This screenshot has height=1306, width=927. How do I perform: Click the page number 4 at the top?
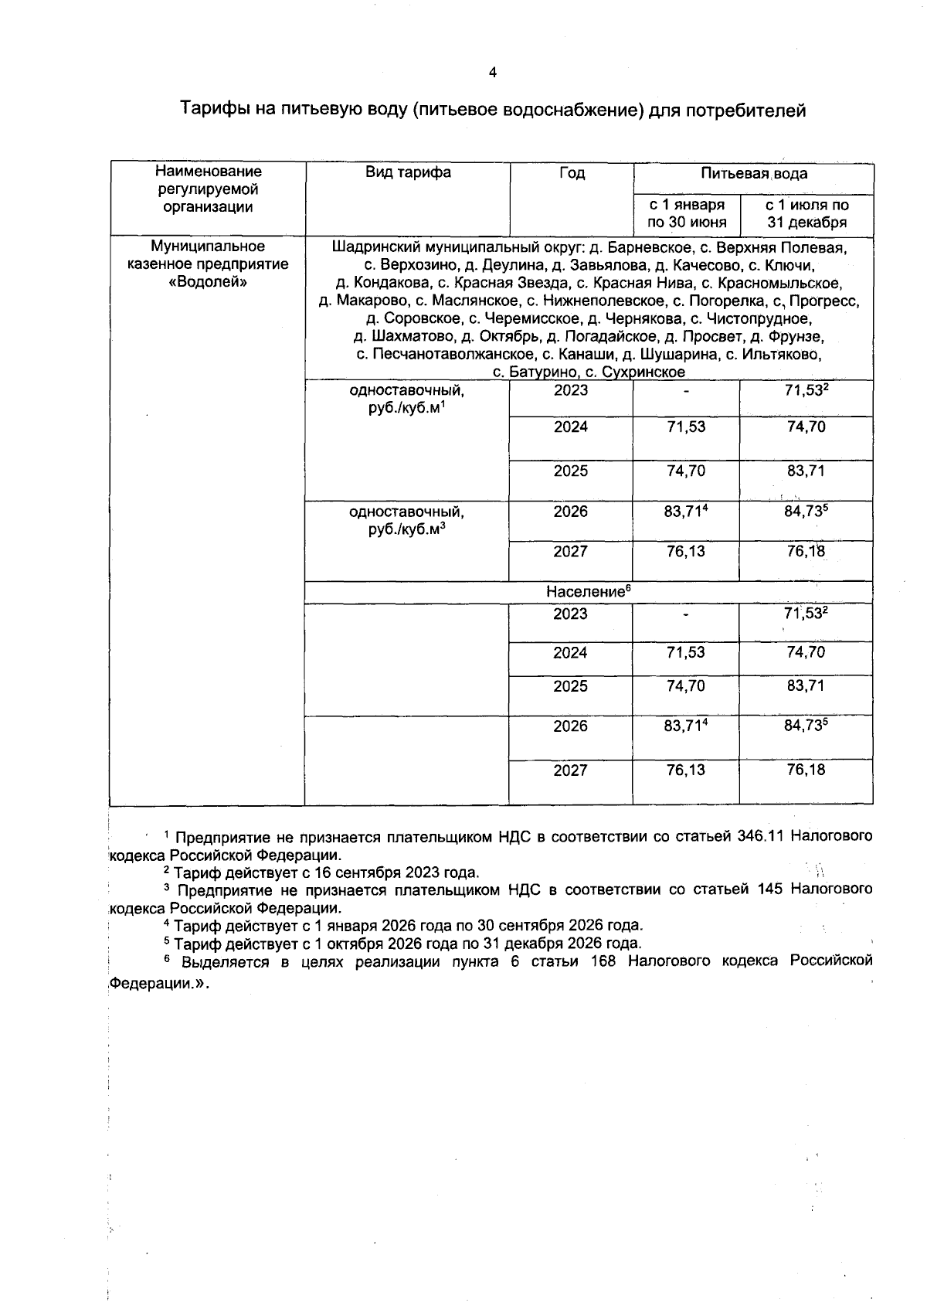coord(493,73)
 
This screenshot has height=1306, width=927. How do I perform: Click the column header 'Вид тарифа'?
coord(408,172)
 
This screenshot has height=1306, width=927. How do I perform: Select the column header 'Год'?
coord(572,173)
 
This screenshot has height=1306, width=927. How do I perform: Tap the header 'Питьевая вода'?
coord(753,174)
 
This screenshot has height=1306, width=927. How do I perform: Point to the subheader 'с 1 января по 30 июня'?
coord(687,214)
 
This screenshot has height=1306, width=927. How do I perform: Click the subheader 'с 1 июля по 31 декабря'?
coord(806,214)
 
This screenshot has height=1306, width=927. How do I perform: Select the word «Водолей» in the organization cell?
coord(208,282)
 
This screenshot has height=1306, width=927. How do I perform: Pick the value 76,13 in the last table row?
coord(686,770)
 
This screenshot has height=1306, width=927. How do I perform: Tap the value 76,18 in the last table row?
coord(806,770)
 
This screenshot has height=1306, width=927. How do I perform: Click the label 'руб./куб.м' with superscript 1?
coord(408,408)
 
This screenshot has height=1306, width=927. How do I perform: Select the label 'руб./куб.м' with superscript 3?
coord(408,530)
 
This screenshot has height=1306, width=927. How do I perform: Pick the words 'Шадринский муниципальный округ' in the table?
coord(457,248)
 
